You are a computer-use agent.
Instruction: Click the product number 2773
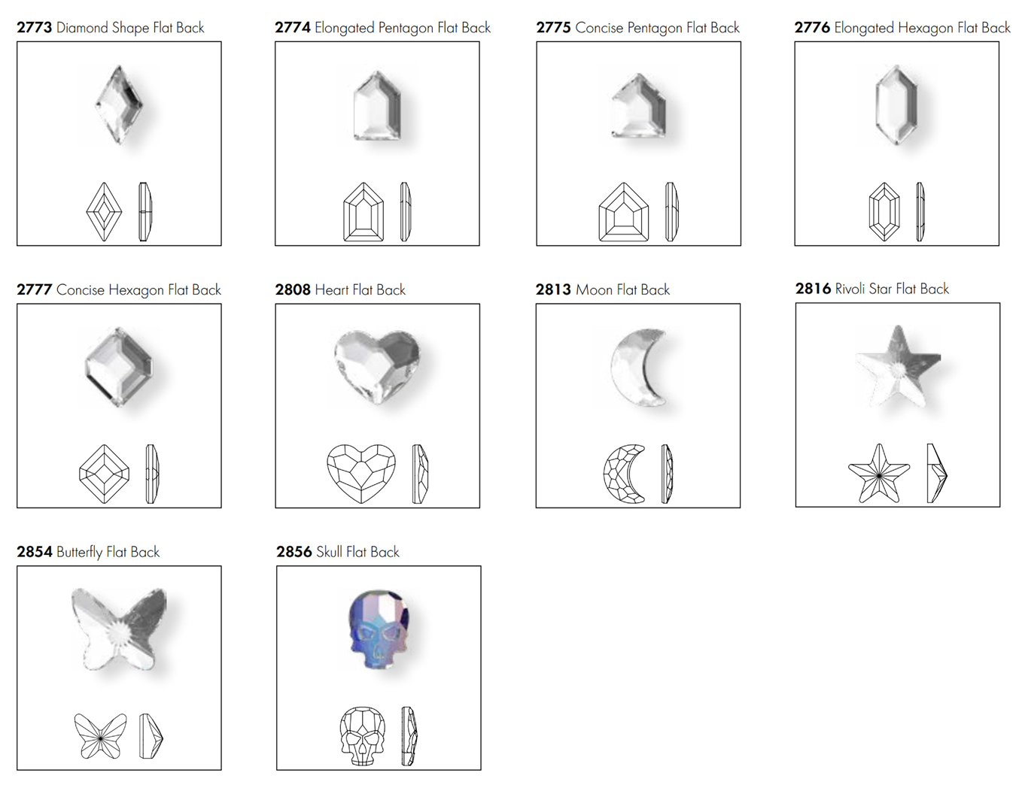[34, 27]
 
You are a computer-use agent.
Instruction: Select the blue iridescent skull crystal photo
[379, 629]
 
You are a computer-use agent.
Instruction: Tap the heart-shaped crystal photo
[377, 366]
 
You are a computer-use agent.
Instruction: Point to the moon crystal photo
[637, 368]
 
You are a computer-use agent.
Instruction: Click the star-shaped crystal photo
[898, 366]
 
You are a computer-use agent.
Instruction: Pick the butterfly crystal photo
[119, 629]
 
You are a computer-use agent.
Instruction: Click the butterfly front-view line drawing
[100, 736]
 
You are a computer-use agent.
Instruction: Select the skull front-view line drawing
[362, 736]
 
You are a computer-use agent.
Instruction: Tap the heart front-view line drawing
[361, 474]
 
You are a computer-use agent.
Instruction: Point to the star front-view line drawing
[878, 474]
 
